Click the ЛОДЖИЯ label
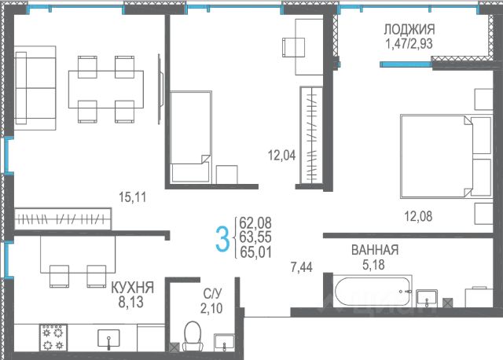click(409, 30)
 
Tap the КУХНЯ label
click(133, 288)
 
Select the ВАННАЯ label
click(375, 250)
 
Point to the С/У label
click(212, 293)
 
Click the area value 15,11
click(133, 197)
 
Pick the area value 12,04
click(281, 156)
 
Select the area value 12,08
click(418, 216)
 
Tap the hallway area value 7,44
click(301, 267)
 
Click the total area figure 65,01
click(255, 252)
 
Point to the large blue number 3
click(222, 238)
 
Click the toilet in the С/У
click(193, 336)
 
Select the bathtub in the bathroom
click(372, 292)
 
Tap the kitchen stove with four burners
click(53, 337)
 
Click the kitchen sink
click(108, 339)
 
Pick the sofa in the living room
click(35, 88)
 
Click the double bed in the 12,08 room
click(446, 156)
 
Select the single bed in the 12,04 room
click(190, 137)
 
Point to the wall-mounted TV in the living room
click(160, 89)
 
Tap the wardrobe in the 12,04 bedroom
click(311, 135)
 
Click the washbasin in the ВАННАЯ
click(427, 298)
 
